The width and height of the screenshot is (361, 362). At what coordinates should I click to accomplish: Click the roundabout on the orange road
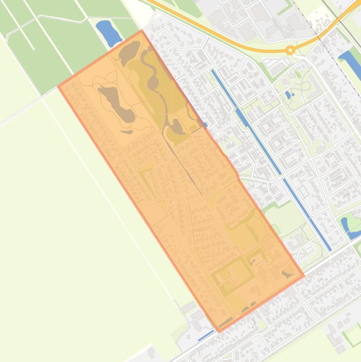(290, 50)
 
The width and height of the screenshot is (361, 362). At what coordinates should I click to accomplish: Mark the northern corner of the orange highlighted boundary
(142, 31)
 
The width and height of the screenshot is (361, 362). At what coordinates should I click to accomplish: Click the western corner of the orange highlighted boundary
(58, 87)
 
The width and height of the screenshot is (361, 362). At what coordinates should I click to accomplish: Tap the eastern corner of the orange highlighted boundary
(304, 275)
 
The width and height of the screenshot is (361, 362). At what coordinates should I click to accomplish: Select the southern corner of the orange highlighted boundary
(219, 331)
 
